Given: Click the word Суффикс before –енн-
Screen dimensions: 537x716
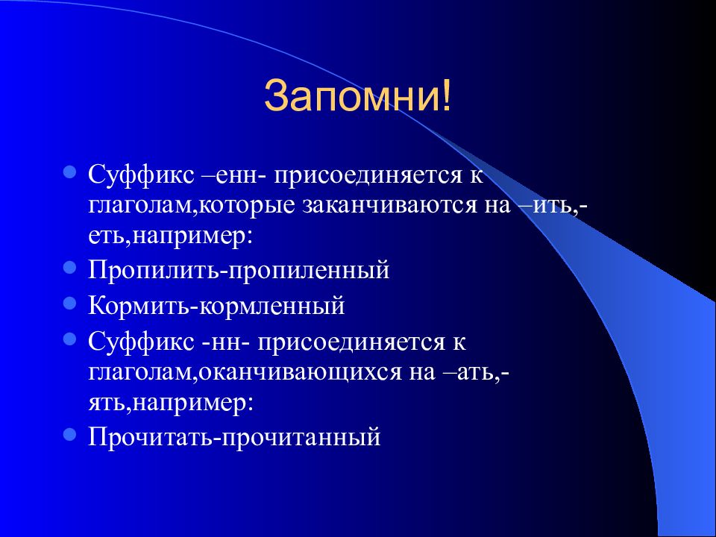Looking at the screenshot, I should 140,177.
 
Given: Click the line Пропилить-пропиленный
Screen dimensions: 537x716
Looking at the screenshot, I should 239,269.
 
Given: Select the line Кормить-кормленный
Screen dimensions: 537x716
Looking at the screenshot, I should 216,305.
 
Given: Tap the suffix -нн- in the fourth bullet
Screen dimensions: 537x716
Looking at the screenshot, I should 229,342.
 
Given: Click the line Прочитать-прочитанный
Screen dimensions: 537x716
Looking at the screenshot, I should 234,435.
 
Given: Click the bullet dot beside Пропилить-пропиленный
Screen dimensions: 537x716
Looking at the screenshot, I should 69,266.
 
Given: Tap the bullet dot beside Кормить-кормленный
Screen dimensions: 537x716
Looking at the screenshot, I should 69,302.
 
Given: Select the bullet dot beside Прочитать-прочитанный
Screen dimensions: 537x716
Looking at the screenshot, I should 69,432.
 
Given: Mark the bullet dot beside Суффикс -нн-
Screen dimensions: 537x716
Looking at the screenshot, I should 69,339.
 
